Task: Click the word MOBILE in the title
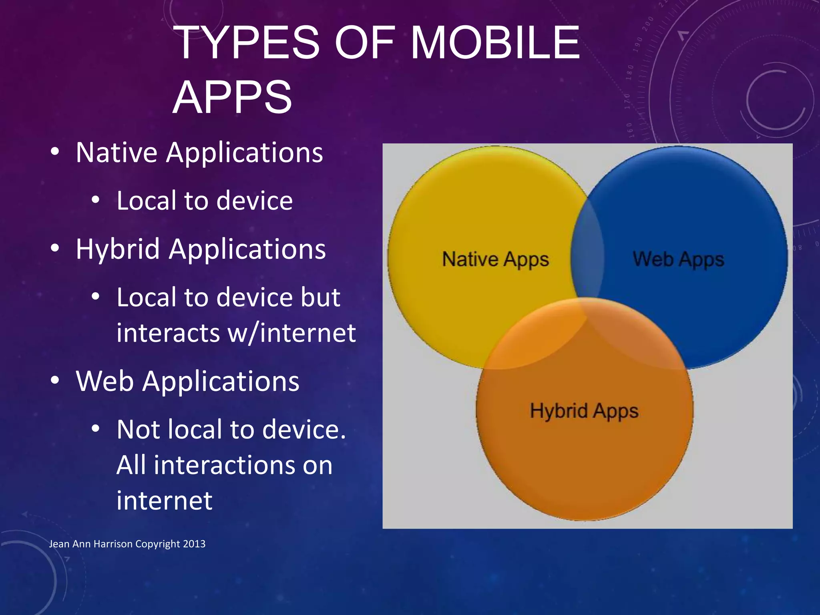pos(495,42)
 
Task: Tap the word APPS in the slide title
pos(232,97)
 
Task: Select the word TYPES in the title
pos(247,42)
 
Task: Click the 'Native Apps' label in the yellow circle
pos(495,259)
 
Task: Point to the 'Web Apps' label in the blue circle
pos(678,259)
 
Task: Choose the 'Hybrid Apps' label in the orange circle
pos(584,411)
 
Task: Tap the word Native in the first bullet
pos(117,153)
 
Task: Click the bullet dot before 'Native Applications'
pos(55,152)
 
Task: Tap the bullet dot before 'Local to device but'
pos(95,297)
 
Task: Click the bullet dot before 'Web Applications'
pos(55,380)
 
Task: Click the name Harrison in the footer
pos(113,544)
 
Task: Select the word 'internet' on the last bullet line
pos(164,500)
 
